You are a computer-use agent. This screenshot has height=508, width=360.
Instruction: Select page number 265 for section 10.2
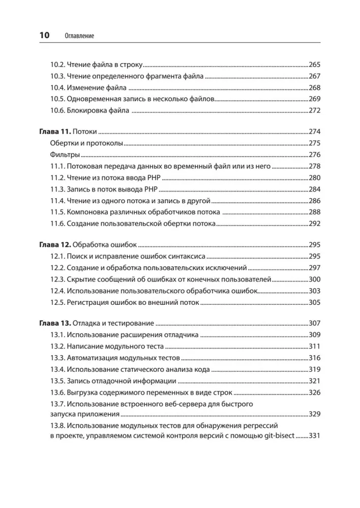pyautogui.click(x=315, y=65)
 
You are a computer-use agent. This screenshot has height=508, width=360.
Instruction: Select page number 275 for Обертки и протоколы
pyautogui.click(x=315, y=143)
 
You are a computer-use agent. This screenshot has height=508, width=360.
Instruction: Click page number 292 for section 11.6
pyautogui.click(x=315, y=223)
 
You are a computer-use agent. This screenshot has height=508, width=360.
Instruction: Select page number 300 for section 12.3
pyautogui.click(x=315, y=279)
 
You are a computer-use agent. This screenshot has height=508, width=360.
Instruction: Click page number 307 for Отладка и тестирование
pyautogui.click(x=315, y=323)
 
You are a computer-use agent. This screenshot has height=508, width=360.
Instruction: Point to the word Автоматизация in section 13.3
pyautogui.click(x=92, y=358)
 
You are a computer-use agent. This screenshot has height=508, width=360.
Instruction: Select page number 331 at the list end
pyautogui.click(x=315, y=436)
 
